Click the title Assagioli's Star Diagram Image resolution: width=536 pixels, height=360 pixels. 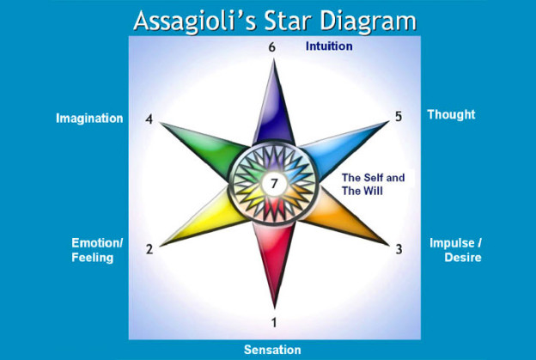[x=275, y=21]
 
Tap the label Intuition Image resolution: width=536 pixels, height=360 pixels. [x=329, y=46]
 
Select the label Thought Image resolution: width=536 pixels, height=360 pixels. [x=451, y=114]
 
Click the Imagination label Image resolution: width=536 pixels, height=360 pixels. [x=89, y=119]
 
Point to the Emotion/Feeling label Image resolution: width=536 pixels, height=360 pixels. [x=97, y=250]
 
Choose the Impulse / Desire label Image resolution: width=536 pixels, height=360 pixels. [x=455, y=250]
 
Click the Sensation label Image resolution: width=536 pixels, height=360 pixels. [x=272, y=350]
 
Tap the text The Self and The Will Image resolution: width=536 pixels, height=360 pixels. [x=374, y=184]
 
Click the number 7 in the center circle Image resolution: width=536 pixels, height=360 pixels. [x=274, y=184]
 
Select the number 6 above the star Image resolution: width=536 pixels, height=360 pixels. [x=271, y=47]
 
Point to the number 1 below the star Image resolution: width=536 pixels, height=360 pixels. [x=274, y=322]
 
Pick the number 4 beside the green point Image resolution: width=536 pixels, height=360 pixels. [x=149, y=119]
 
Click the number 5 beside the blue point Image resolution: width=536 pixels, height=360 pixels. [x=399, y=117]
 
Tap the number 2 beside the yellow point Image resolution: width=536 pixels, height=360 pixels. [x=149, y=249]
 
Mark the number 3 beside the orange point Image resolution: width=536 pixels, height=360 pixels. [x=399, y=249]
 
